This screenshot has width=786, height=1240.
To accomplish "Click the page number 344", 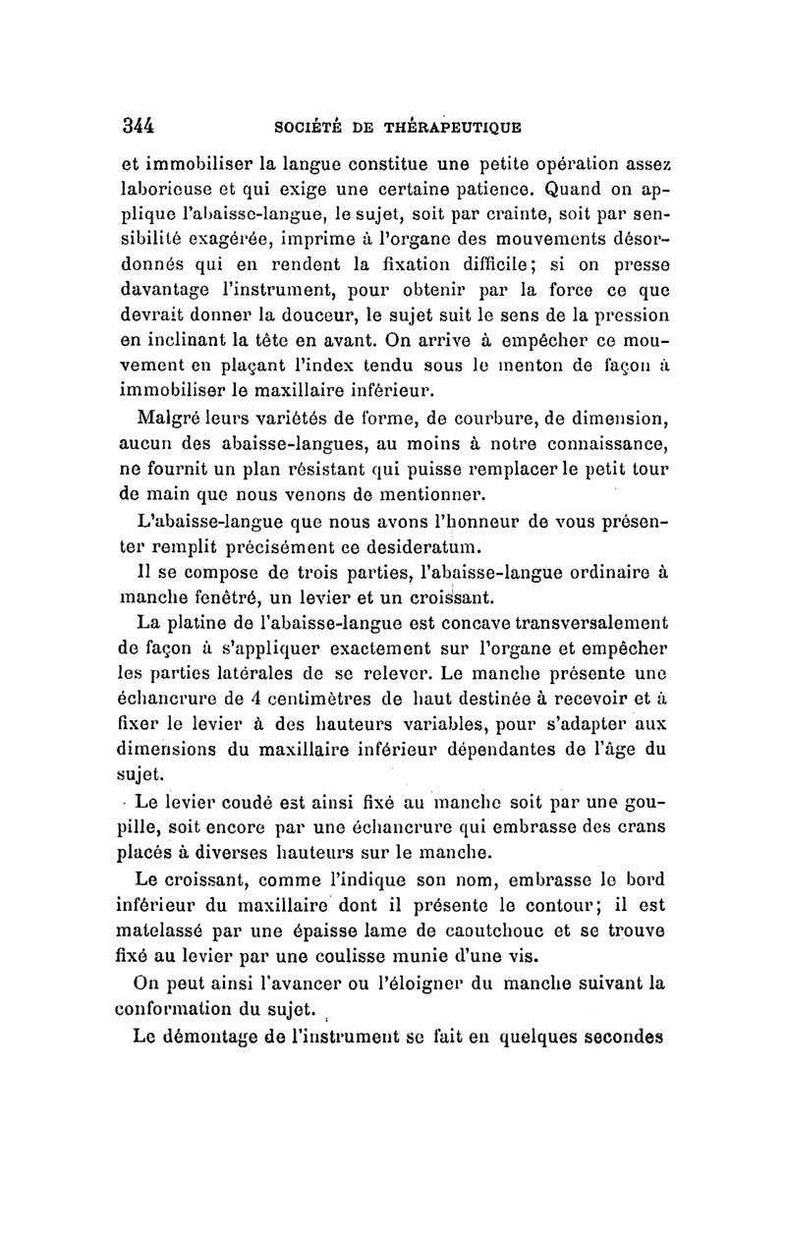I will [x=140, y=126].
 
